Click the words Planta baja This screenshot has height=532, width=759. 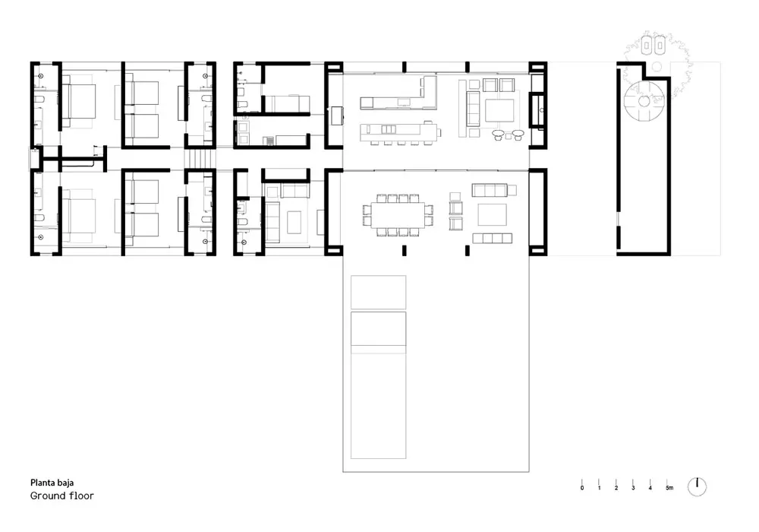pyautogui.click(x=52, y=483)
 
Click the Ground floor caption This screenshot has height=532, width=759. pyautogui.click(x=62, y=496)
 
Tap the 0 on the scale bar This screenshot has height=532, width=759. pyautogui.click(x=582, y=488)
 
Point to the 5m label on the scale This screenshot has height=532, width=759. pyautogui.click(x=669, y=488)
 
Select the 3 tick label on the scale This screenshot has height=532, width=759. pyautogui.click(x=633, y=488)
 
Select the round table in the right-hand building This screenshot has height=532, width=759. pyautogui.click(x=644, y=101)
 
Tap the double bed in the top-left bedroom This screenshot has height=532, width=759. pyautogui.click(x=78, y=101)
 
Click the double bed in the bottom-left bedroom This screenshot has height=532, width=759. pyautogui.click(x=78, y=215)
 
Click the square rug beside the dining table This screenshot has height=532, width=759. pyautogui.click(x=493, y=214)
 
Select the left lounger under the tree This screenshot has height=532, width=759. pyautogui.click(x=647, y=46)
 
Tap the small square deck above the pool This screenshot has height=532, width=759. pyautogui.click(x=378, y=292)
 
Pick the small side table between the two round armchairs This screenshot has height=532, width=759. pyautogui.click(x=509, y=137)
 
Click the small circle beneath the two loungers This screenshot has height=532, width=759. pyautogui.click(x=657, y=66)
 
